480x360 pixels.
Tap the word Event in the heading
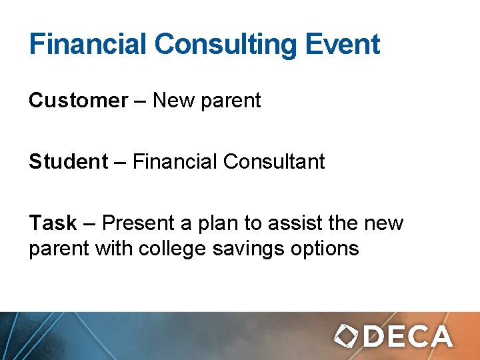pos(343,45)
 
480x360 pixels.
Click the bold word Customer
pos(78,101)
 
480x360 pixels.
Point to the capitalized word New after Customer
pos(173,101)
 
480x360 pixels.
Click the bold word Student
pos(68,161)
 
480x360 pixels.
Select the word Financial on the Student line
pos(175,161)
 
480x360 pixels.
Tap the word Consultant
pos(274,161)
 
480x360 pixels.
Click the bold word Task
pos(53,223)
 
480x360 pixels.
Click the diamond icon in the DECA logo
pos(347,335)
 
